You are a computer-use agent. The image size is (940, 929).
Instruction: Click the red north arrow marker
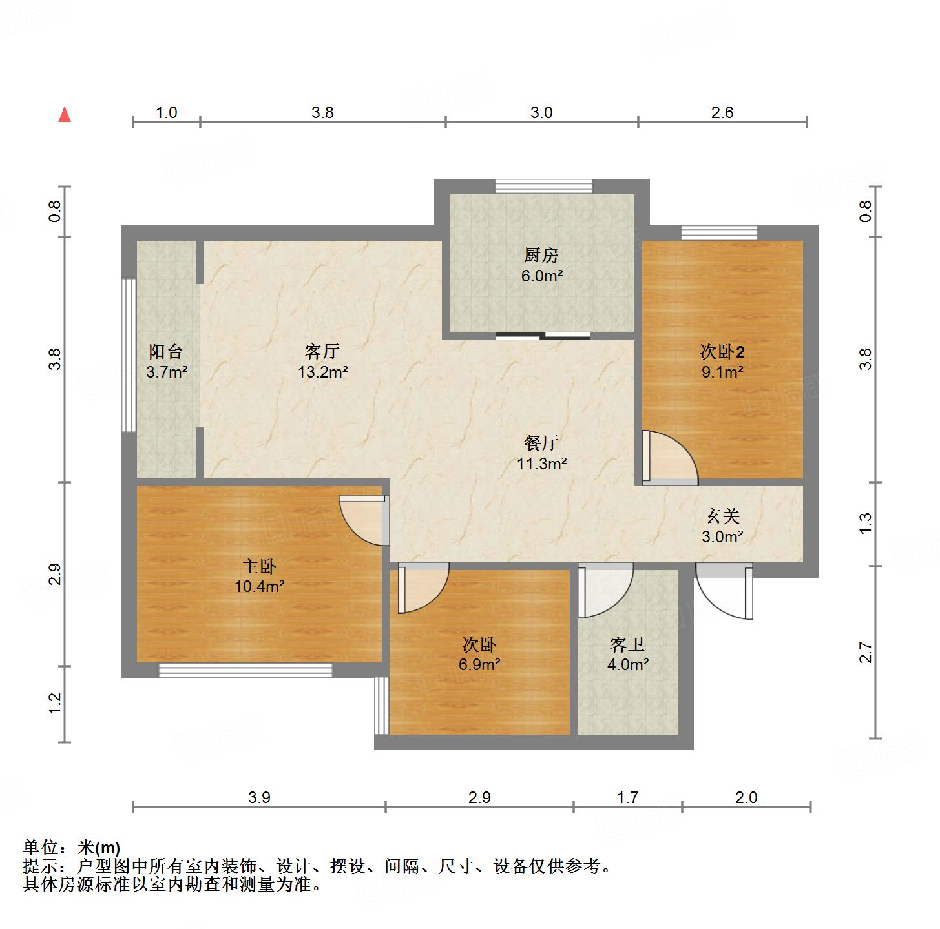click(65, 115)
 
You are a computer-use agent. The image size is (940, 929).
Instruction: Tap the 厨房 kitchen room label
click(541, 256)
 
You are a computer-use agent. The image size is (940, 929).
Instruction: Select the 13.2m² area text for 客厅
click(323, 373)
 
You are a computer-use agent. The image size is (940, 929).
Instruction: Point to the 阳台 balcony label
click(166, 352)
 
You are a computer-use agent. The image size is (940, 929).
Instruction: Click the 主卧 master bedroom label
click(259, 567)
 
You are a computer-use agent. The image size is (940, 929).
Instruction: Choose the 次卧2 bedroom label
click(722, 352)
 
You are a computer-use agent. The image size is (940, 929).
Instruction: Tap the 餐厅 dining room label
click(541, 443)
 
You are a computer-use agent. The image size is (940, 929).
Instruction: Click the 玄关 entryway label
click(722, 516)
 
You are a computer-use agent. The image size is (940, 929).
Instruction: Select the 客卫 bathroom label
click(627, 644)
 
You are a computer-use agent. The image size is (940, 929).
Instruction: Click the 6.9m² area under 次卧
click(479, 664)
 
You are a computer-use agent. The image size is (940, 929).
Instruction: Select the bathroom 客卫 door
click(605, 590)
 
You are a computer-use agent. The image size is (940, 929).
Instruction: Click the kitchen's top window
click(543, 186)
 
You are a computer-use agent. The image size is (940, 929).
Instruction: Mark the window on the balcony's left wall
click(129, 355)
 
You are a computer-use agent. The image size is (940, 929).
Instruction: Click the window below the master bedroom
click(245, 670)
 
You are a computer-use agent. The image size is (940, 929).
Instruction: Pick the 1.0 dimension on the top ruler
click(166, 113)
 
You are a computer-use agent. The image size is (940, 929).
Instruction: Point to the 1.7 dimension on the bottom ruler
click(627, 798)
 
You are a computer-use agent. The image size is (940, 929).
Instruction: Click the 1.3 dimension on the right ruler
click(866, 523)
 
